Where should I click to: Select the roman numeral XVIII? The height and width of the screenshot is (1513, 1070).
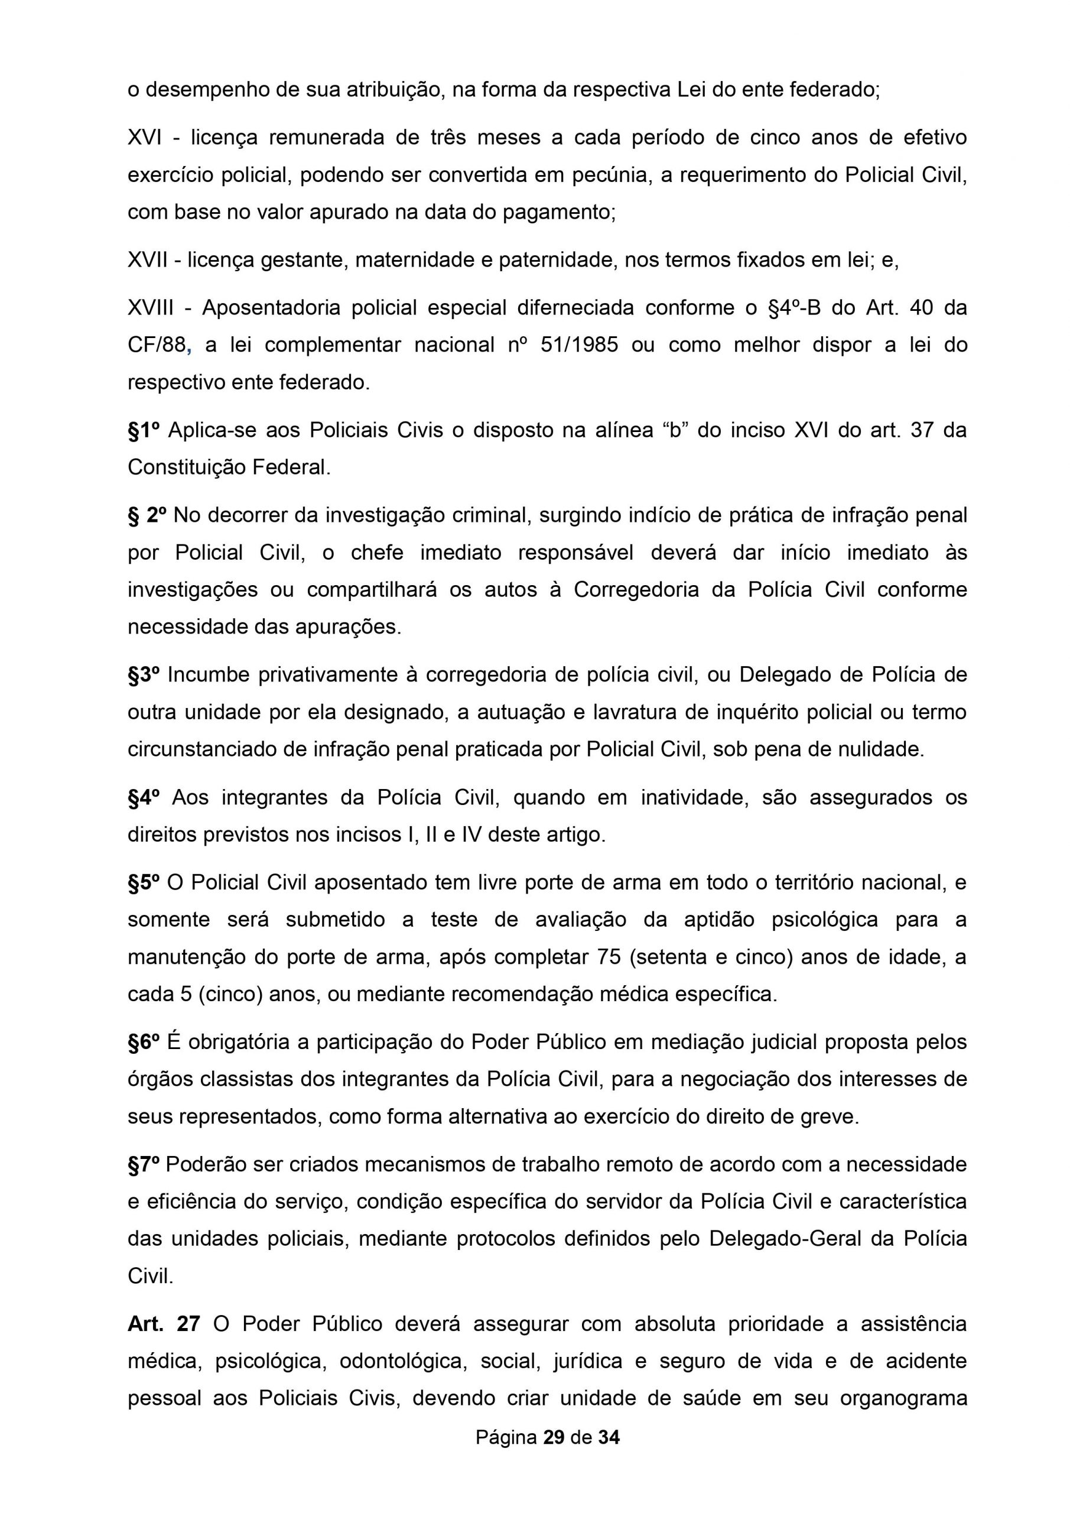(x=151, y=308)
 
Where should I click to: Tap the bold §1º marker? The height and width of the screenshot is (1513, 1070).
(x=144, y=430)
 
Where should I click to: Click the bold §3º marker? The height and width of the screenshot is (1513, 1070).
(x=144, y=675)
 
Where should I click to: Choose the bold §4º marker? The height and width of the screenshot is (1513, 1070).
(x=144, y=797)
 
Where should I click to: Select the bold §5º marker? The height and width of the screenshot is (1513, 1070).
(x=144, y=882)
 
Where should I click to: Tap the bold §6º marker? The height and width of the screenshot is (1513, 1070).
(x=144, y=1042)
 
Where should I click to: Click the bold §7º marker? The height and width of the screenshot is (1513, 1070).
(x=144, y=1164)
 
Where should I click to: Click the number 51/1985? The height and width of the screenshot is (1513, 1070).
(x=579, y=345)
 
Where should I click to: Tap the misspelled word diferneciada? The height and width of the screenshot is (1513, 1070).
(x=575, y=308)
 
